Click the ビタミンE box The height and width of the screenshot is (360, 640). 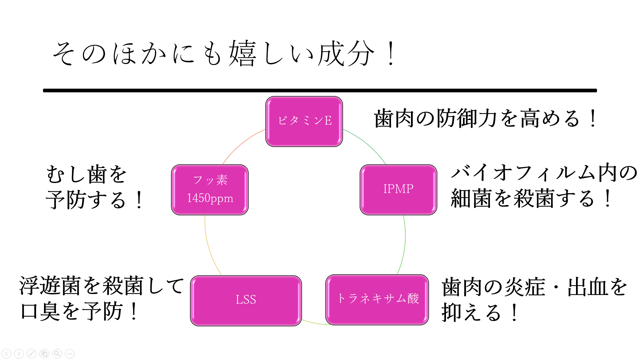pyautogui.click(x=304, y=121)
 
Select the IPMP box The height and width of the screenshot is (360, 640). pyautogui.click(x=398, y=190)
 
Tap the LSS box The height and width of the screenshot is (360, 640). pyautogui.click(x=246, y=300)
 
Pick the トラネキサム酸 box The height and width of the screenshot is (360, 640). pyautogui.click(x=377, y=299)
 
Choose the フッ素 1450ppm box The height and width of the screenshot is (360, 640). pyautogui.click(x=210, y=190)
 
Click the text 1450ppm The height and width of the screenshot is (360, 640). pyautogui.click(x=210, y=198)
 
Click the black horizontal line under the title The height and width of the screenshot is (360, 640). pyautogui.click(x=320, y=90)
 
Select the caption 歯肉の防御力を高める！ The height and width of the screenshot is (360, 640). pyautogui.click(x=486, y=118)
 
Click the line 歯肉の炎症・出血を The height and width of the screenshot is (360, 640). pyautogui.click(x=535, y=287)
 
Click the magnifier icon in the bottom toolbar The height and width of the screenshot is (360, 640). pyautogui.click(x=57, y=353)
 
